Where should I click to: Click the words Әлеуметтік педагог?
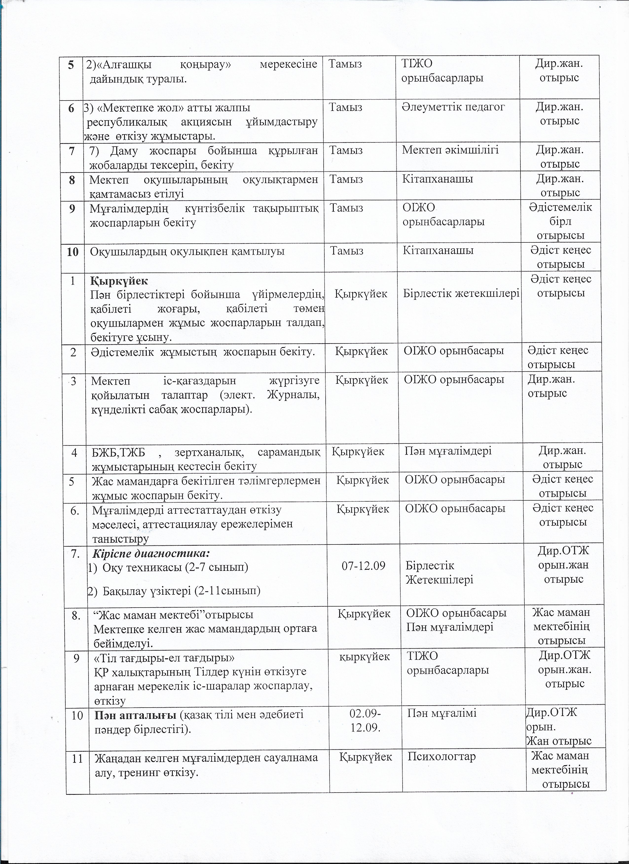coord(453,107)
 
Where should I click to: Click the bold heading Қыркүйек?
coord(119,280)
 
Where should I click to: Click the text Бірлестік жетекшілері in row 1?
coord(462,294)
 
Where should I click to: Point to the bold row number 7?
coord(72,151)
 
